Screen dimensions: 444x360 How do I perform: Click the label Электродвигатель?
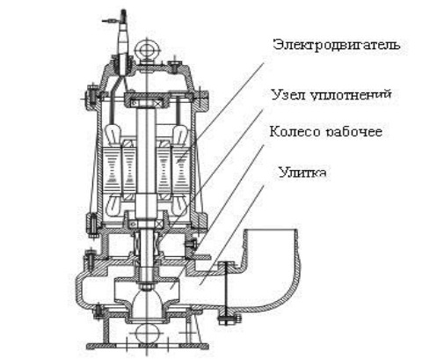337,45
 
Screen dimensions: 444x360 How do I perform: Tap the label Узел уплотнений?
331,95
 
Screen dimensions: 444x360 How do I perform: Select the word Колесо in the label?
295,131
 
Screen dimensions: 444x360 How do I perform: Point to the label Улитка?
302,172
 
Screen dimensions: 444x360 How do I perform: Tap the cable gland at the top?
123,44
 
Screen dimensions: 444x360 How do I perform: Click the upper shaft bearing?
146,104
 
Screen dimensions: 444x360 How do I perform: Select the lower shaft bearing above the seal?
146,224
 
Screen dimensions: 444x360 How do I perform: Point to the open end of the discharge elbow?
272,231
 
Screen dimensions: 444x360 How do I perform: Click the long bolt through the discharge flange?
226,290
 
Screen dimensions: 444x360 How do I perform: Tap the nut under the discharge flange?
226,320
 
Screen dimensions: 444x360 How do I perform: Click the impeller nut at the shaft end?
146,285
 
